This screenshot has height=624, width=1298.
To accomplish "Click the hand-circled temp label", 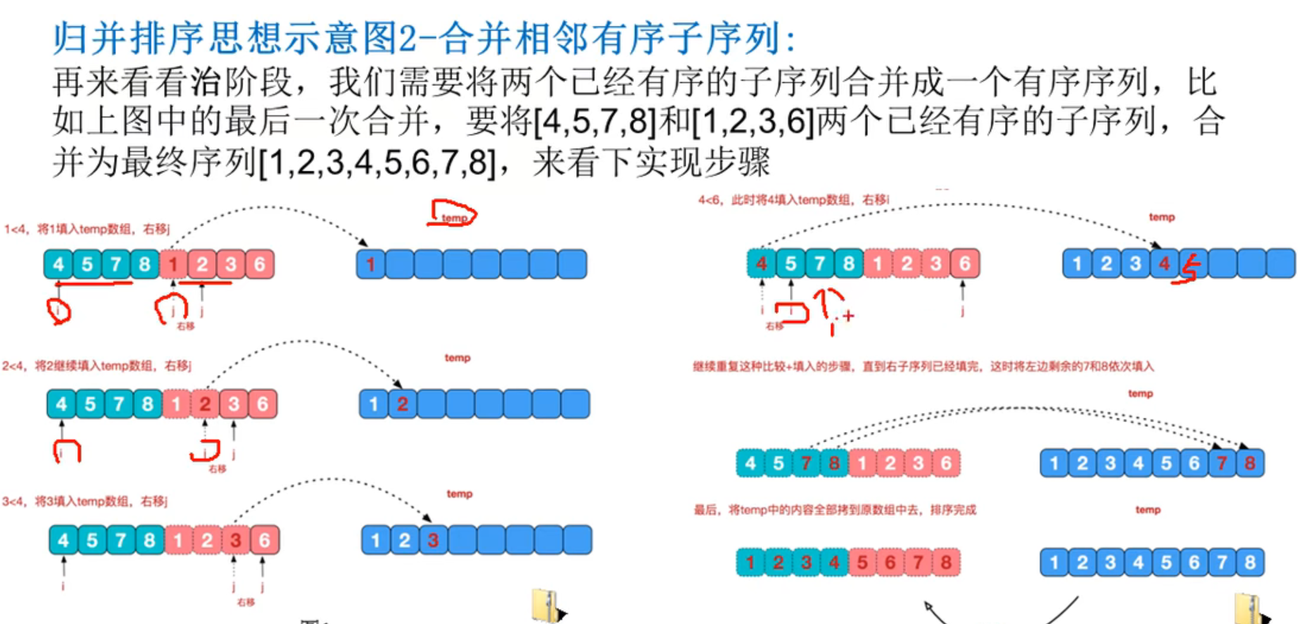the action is [454, 215].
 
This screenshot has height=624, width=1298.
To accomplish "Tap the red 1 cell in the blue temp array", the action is [371, 264].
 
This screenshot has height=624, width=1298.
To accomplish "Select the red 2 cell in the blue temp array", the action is [402, 404].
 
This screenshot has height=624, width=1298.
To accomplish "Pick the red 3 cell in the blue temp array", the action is [432, 540].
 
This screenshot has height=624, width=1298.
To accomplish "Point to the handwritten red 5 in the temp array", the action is [1190, 269].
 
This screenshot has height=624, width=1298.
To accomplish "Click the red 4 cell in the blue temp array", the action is [1164, 264].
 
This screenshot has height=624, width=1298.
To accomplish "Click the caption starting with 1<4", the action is [87, 229].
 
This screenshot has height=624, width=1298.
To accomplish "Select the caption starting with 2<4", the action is [97, 365].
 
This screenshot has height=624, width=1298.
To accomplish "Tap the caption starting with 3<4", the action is [85, 501].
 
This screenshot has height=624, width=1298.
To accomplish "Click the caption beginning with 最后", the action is [835, 509].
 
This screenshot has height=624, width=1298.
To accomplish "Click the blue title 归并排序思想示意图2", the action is [424, 37].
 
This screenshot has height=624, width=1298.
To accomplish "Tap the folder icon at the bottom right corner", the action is [1250, 608].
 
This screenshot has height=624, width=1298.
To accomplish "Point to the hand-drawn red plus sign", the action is [848, 316].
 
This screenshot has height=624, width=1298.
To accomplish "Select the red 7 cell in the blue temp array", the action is [1221, 462].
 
